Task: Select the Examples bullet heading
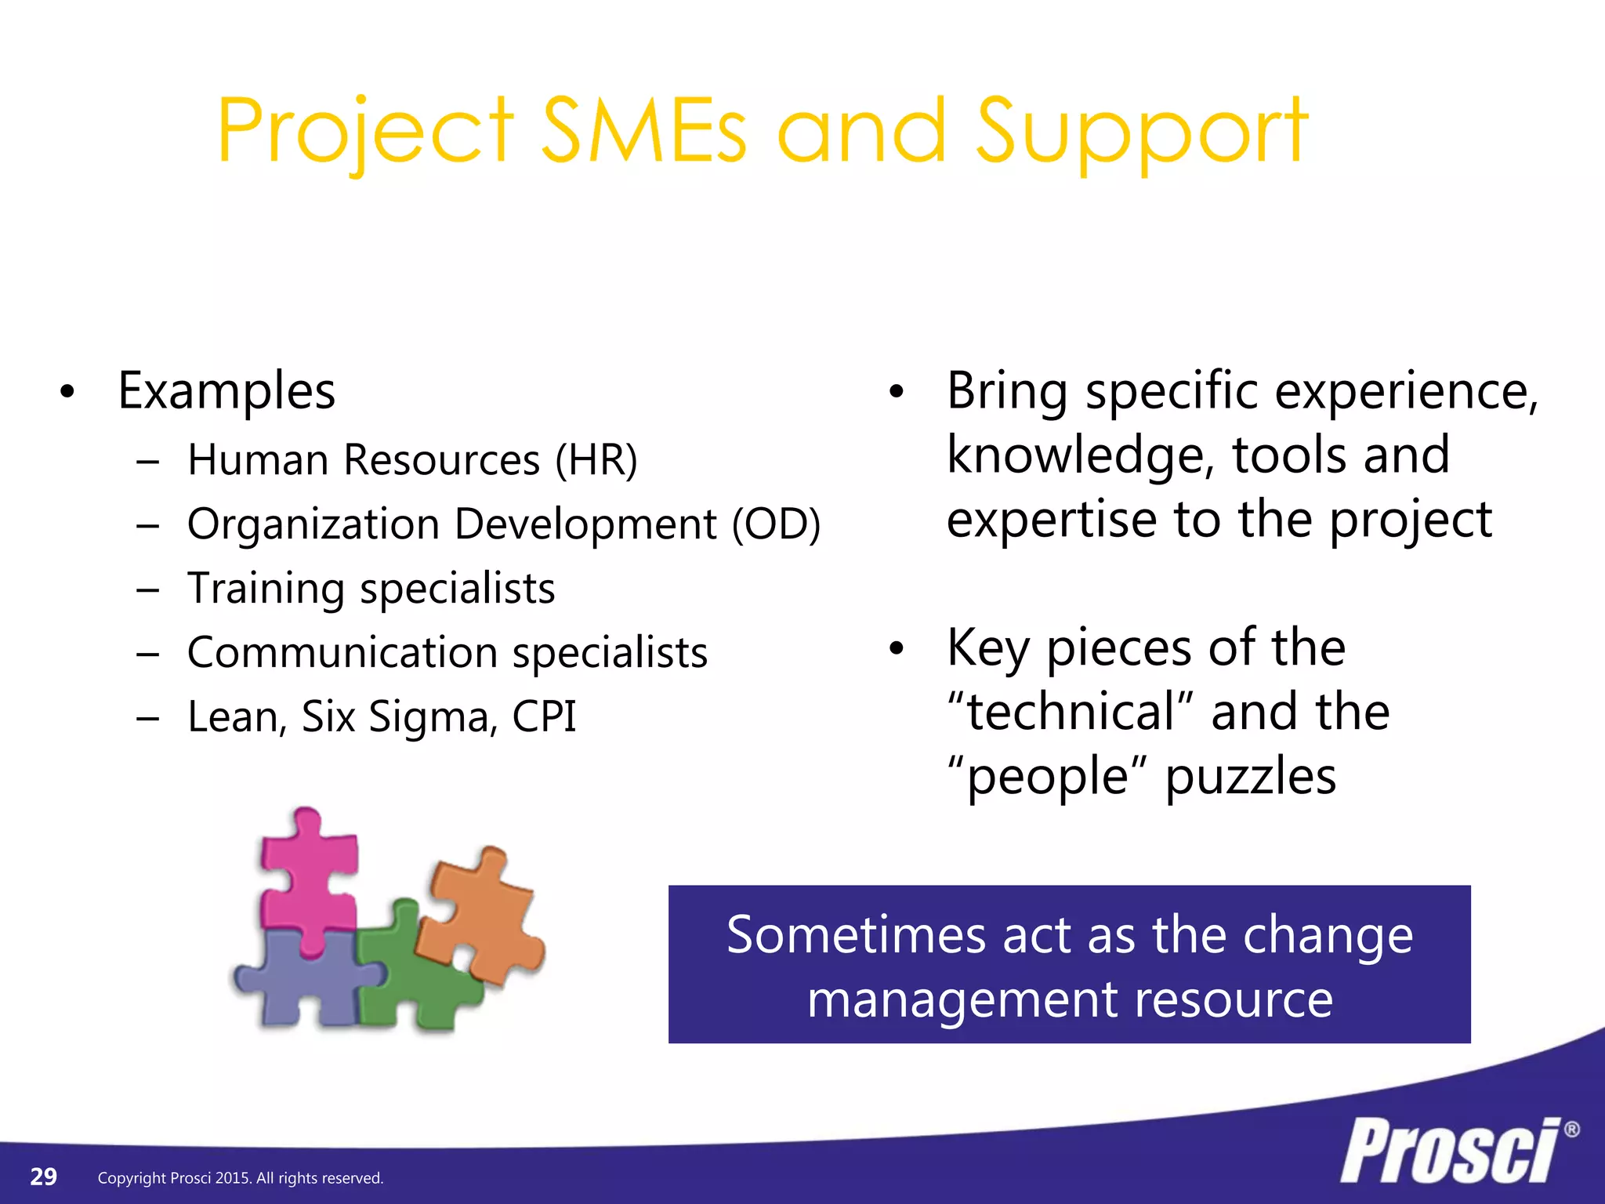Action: point(226,390)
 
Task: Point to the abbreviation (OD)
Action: point(776,524)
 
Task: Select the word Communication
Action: point(342,653)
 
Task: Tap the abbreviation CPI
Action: point(544,716)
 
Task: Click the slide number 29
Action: point(43,1177)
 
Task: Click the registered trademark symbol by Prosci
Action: point(1571,1130)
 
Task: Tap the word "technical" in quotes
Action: point(1071,712)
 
